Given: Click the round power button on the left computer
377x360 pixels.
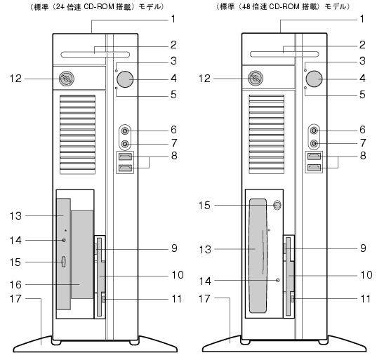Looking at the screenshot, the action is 125,79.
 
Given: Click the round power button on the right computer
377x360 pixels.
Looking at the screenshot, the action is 314,79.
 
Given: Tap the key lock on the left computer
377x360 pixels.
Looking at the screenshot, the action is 67,79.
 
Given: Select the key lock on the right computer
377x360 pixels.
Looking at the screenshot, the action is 256,78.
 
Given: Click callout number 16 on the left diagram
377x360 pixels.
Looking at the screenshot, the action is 15,285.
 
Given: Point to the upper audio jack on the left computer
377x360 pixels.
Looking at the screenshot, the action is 125,131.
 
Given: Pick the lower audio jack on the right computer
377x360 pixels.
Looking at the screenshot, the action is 314,144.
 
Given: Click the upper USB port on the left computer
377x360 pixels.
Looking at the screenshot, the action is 125,156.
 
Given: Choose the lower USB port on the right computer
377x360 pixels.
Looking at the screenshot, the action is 314,167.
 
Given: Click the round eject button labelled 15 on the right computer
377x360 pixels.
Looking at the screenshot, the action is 277,205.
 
